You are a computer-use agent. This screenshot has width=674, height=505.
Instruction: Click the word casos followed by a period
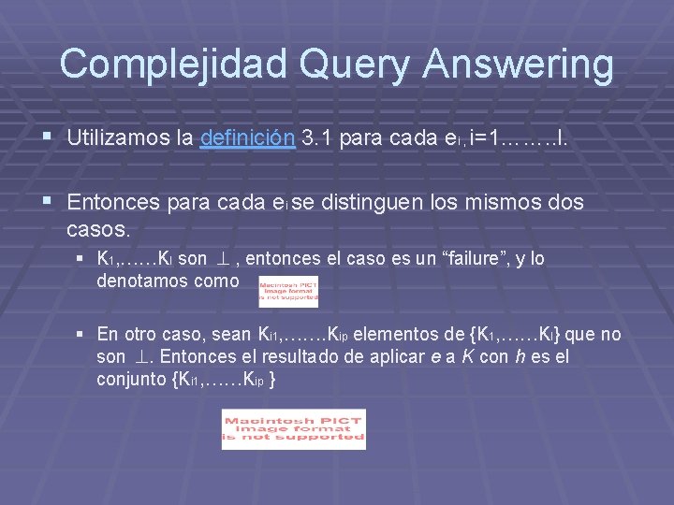coord(98,228)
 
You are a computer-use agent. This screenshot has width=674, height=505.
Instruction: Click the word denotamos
coord(143,281)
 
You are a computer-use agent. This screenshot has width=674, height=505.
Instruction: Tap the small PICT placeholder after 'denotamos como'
coord(288,292)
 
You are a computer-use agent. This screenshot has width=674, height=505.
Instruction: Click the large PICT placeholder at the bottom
coord(294,429)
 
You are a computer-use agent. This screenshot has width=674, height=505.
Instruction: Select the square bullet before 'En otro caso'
coord(81,334)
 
